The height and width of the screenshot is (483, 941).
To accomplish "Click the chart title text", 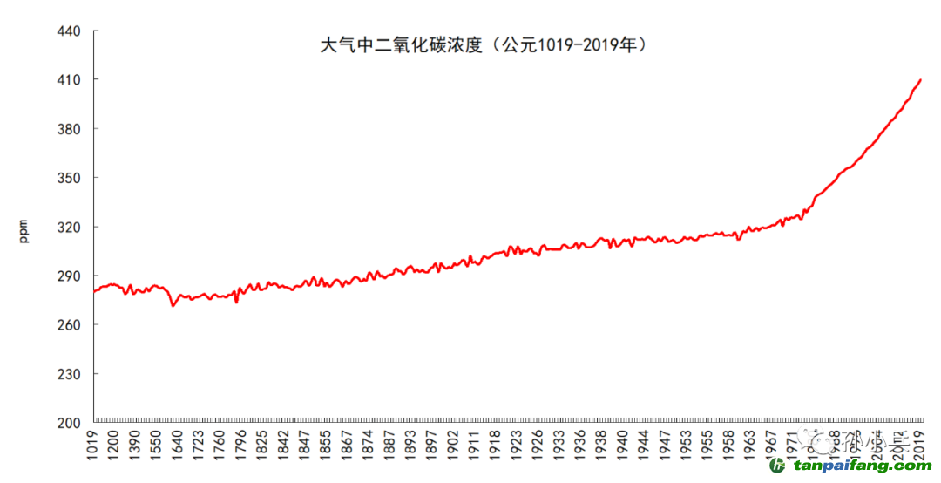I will [485, 44].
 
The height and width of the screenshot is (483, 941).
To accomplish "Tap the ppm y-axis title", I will [24, 231].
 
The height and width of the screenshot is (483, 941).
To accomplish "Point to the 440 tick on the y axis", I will [67, 31].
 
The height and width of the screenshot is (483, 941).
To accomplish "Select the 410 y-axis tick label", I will [67, 80].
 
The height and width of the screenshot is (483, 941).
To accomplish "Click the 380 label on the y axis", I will [67, 129].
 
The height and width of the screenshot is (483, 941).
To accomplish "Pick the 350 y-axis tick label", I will [67, 178].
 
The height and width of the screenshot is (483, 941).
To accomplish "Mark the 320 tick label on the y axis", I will [67, 228].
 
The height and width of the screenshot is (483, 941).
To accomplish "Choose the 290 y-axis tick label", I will [67, 276].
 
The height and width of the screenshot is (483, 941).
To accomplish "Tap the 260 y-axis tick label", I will [67, 325].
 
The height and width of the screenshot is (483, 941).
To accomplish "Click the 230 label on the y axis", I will [67, 374].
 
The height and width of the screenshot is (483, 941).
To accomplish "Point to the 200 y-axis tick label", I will [67, 423].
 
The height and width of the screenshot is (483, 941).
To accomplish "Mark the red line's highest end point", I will [921, 80].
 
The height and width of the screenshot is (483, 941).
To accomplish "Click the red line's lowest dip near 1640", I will [173, 306].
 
